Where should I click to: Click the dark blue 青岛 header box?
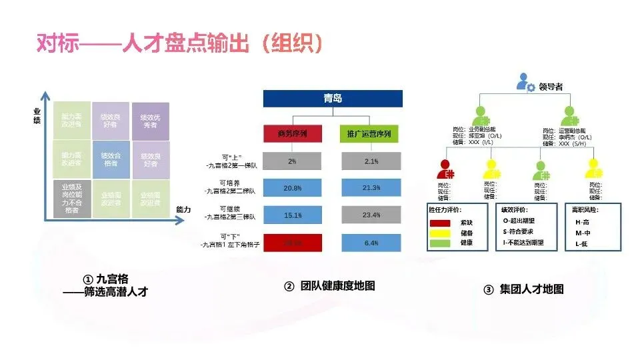click(333, 98)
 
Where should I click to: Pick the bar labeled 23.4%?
click(372, 215)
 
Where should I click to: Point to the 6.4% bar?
click(372, 243)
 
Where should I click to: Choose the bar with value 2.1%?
click(372, 161)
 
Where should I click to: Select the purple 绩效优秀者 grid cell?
click(149, 121)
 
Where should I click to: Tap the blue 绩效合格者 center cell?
click(111, 160)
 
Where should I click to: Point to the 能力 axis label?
click(183, 209)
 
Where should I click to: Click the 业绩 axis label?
click(37, 115)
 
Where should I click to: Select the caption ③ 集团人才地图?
click(523, 289)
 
